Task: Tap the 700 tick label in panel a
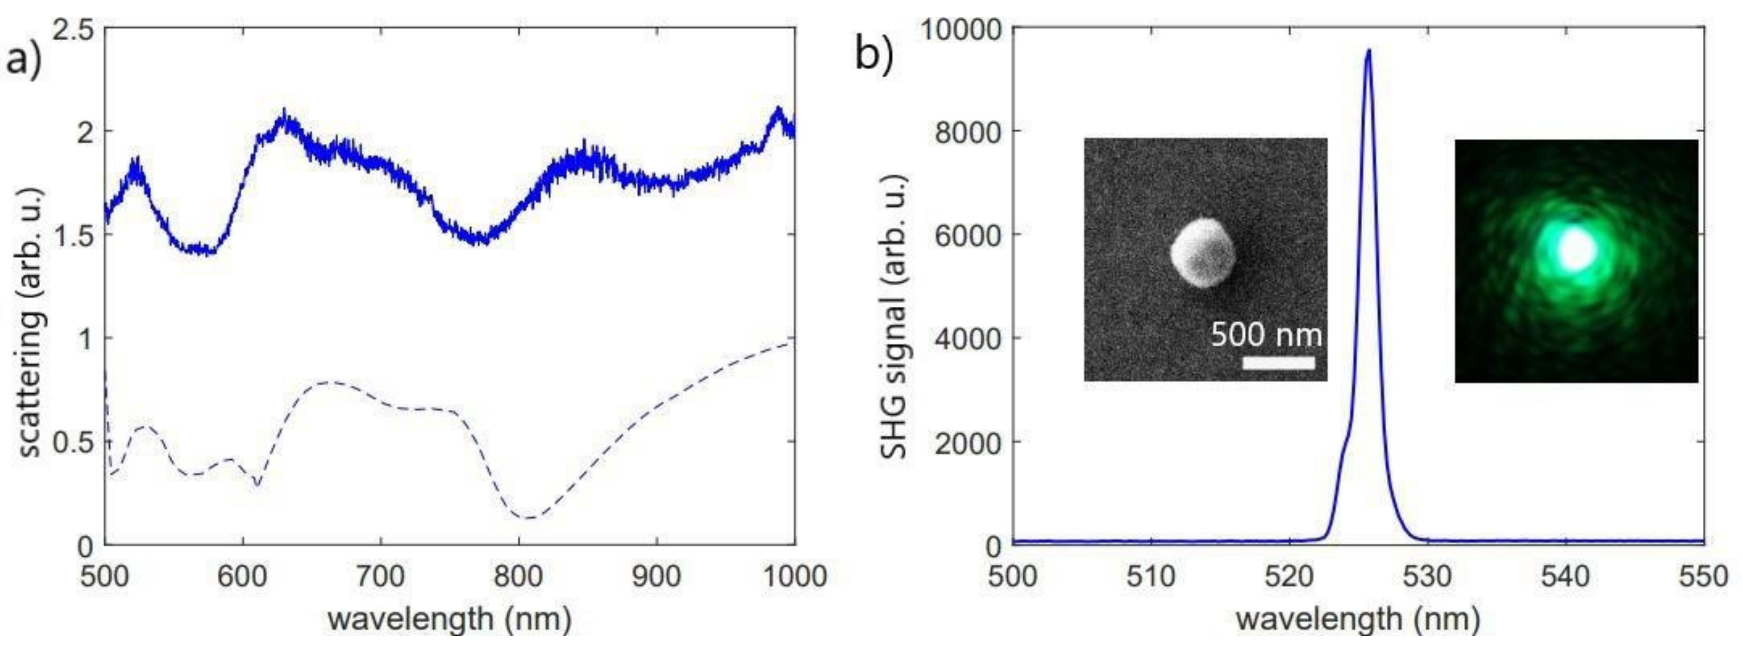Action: [x=380, y=577]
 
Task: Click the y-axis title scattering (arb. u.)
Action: [x=30, y=323]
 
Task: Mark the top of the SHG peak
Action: [x=1369, y=51]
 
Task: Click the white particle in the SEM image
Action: [x=1203, y=252]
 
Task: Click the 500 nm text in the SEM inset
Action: [x=1265, y=334]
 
